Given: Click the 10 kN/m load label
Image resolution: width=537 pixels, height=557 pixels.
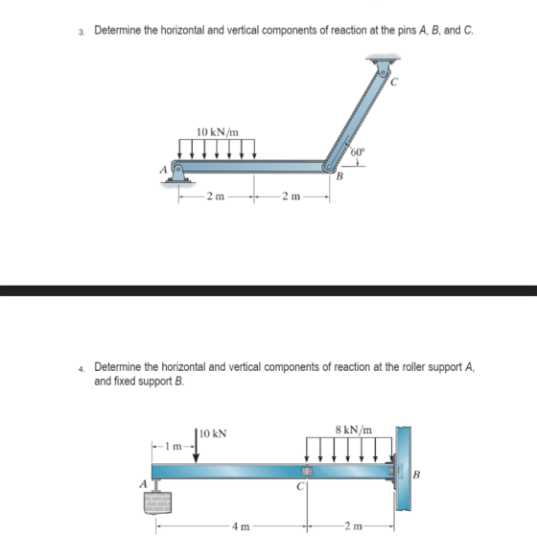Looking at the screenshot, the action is coord(218,132).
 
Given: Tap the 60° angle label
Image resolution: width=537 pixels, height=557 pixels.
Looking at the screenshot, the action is coord(358,152).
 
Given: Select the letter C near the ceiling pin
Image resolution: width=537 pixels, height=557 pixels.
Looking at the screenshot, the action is coord(394,82).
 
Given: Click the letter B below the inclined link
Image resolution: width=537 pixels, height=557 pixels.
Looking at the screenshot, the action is coord(339,175).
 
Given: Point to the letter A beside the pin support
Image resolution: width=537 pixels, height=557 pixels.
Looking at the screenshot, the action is coord(163,170).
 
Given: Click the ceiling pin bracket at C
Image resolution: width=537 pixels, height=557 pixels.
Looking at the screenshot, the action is coord(384,66).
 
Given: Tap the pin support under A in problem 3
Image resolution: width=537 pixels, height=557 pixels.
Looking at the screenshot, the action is coord(177,174).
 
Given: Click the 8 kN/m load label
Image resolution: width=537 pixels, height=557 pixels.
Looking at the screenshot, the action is coord(354,429).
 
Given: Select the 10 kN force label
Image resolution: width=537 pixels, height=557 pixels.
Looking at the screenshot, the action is coord(213,433).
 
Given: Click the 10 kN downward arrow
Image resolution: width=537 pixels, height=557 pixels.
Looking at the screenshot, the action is coord(196,446).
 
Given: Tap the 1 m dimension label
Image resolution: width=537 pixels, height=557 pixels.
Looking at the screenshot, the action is coord(174,446).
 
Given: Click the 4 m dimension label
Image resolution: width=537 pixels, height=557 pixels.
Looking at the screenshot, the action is coord(241,526).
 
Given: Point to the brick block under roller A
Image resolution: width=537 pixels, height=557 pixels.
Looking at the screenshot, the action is coord(157,502).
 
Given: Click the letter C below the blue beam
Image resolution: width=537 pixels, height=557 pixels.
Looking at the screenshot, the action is coord(300,486).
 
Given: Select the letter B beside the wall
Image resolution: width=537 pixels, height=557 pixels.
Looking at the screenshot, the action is coord(416,475).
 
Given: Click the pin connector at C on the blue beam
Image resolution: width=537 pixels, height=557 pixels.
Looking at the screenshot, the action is coord(307,471).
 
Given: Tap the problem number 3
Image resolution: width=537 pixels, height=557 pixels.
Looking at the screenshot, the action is coord(82,33).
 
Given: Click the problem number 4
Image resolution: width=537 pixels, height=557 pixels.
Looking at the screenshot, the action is coord(82,369).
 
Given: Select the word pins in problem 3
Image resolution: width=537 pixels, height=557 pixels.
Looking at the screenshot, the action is coord(407,31).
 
